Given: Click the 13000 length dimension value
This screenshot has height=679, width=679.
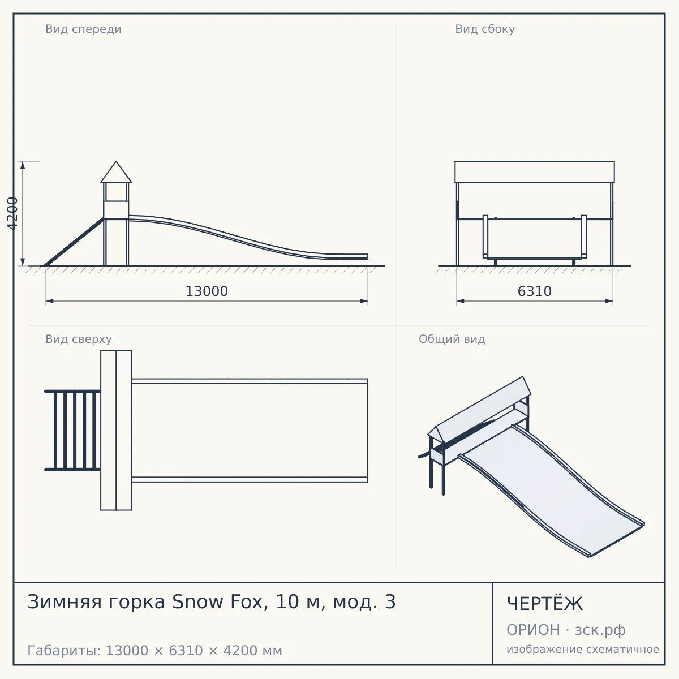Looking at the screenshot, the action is tap(207, 291).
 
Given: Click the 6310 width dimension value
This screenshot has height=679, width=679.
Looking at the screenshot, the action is tap(534, 291).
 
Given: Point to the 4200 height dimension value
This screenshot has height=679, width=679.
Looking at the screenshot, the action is tap(12, 213).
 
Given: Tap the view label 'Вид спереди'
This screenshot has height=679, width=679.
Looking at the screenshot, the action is tap(83, 29).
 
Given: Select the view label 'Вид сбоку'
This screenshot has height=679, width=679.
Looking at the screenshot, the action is tap(485, 29).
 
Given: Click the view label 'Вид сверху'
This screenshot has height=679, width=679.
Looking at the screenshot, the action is tap(79, 339).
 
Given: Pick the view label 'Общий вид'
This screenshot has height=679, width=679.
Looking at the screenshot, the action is tap(452, 339).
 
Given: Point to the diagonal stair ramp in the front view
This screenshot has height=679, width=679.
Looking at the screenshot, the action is tap(74, 242).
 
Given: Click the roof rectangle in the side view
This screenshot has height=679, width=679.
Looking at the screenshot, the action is tap(535, 171).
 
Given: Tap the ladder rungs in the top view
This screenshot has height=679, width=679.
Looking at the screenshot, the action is tap(72, 430).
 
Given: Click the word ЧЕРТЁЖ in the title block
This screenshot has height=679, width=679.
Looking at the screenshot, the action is tap(544, 604).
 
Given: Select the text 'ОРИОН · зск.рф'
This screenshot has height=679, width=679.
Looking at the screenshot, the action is tap(566, 630).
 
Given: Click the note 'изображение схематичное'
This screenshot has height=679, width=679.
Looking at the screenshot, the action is tap(583, 649).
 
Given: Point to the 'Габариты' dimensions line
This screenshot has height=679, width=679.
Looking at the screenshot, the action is tap(154, 651).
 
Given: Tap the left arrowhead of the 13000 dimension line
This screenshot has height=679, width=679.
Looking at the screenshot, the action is tap(49, 301).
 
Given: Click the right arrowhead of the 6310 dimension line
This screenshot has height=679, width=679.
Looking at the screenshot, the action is tap(609, 301).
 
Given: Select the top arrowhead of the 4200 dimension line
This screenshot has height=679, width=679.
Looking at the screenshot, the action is tap(23, 165).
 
